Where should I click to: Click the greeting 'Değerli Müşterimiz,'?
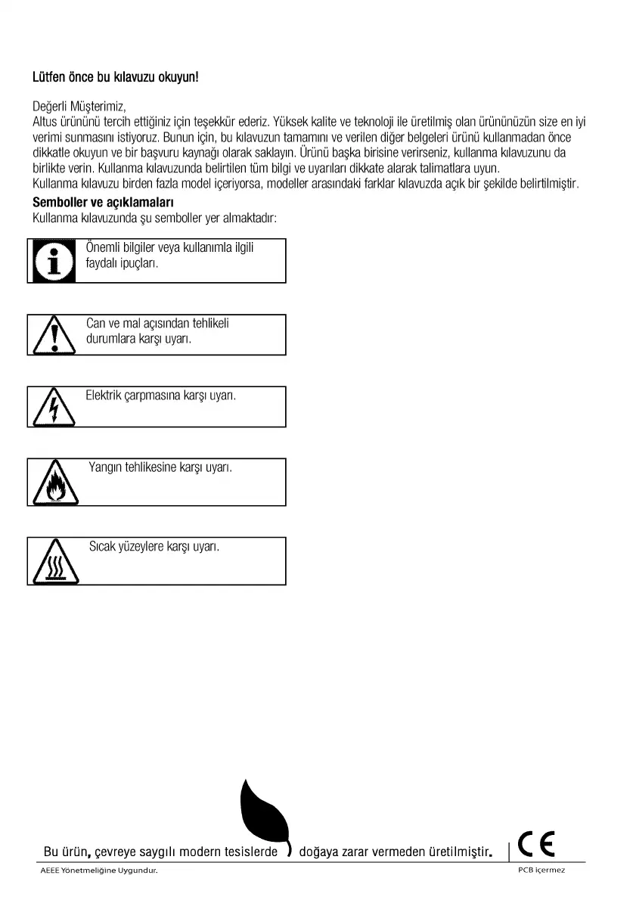point(79,107)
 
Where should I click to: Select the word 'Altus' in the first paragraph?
point(46,121)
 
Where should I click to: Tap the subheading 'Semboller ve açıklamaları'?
point(104,203)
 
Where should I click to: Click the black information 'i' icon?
point(53,261)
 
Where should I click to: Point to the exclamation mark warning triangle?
point(53,335)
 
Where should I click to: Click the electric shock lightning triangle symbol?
point(53,408)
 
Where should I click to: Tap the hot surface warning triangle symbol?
point(53,562)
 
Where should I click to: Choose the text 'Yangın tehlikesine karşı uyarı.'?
point(160,468)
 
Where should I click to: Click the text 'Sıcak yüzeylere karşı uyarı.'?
point(154,546)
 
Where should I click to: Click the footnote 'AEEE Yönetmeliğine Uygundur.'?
point(99,870)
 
